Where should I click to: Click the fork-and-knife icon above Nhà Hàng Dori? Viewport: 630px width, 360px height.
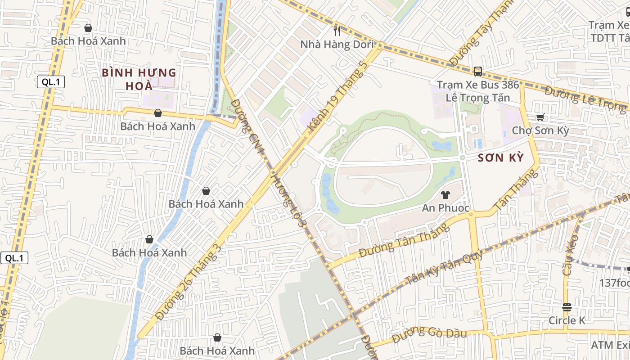point(337,31)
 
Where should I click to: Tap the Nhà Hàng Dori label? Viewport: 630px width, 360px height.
point(337,44)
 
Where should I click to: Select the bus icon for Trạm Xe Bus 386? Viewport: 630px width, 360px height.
point(477,71)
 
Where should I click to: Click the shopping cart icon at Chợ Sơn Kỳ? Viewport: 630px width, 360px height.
point(540,117)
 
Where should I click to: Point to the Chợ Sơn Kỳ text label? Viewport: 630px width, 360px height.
point(540,131)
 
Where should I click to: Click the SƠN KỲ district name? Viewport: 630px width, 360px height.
point(501,158)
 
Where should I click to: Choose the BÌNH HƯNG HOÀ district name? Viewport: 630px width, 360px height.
point(139,79)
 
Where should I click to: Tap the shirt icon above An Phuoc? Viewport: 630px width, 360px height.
point(445,194)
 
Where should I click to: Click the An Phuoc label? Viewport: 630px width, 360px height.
point(445,208)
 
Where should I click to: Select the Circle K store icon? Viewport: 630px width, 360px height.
point(567,307)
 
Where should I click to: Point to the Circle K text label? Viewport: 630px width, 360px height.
point(567,320)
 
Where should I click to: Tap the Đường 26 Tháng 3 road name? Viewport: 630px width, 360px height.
point(189,283)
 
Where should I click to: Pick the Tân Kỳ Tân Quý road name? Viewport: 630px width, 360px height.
point(444,267)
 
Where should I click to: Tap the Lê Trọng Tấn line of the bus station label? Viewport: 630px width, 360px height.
point(477,98)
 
